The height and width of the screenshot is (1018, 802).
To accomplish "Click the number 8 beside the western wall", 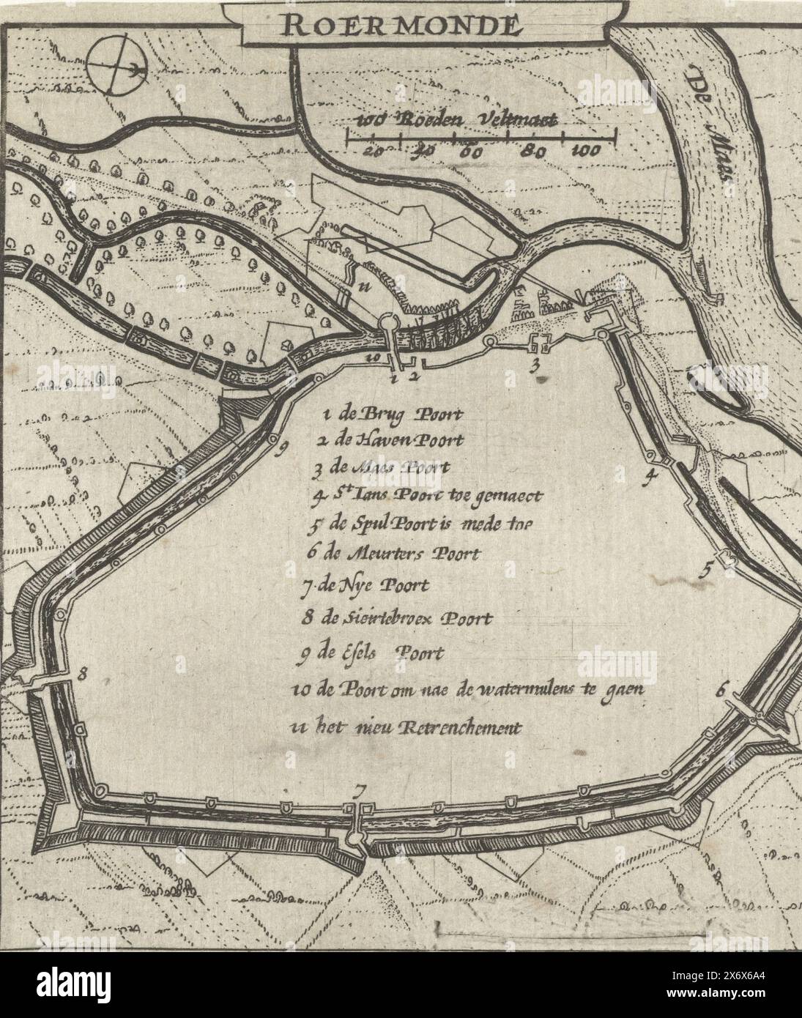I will coord(83,675).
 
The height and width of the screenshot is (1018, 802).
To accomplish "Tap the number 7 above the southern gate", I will coord(358,791).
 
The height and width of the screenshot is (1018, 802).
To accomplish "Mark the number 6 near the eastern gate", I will coord(721,688).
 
